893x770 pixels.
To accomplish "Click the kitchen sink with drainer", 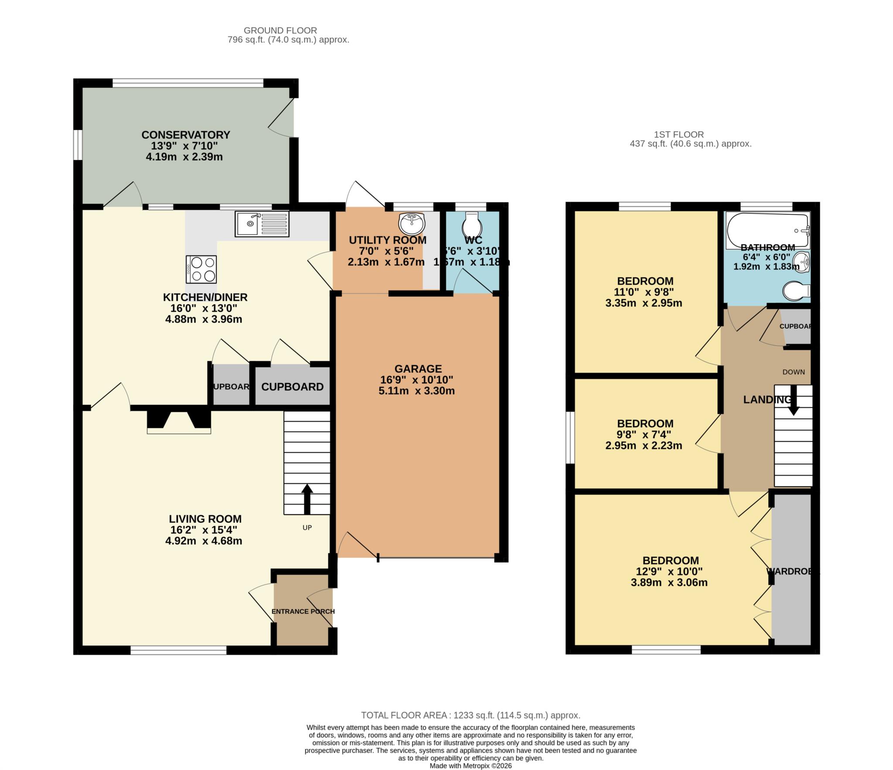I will click(x=262, y=224).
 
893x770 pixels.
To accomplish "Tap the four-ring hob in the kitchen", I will click(x=201, y=269).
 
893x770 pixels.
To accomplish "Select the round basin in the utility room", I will click(x=411, y=224).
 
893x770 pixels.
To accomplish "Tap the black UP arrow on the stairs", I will click(x=307, y=499).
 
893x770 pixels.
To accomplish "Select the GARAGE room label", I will click(x=418, y=369).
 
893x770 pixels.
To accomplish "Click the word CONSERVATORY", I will click(x=185, y=135).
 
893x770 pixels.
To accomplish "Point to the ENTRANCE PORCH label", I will click(x=303, y=611).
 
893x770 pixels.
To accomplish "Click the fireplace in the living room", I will click(x=179, y=420).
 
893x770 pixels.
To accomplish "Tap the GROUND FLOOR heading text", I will click(x=280, y=31).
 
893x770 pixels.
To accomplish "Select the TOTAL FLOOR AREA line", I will click(x=470, y=715).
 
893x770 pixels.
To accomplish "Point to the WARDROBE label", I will click(x=791, y=571).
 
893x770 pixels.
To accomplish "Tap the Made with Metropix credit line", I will click(x=470, y=766).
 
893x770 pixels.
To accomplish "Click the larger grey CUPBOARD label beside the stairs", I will click(x=292, y=387).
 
